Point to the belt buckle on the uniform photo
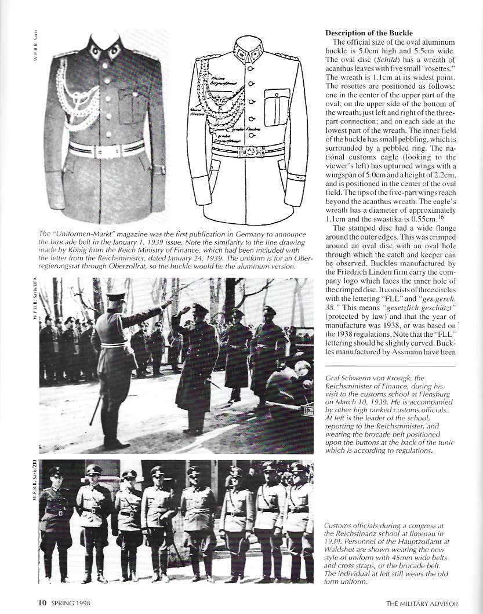coord(104,150)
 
